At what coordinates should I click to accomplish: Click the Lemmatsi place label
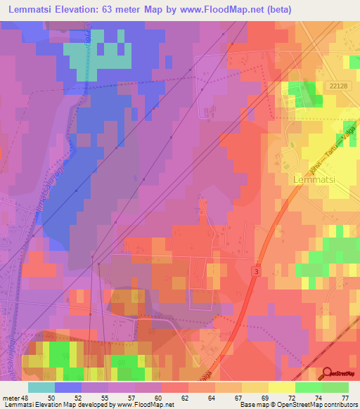tap(310, 180)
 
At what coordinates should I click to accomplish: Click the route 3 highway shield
tap(257, 271)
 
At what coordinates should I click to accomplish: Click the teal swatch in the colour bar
tap(41, 387)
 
